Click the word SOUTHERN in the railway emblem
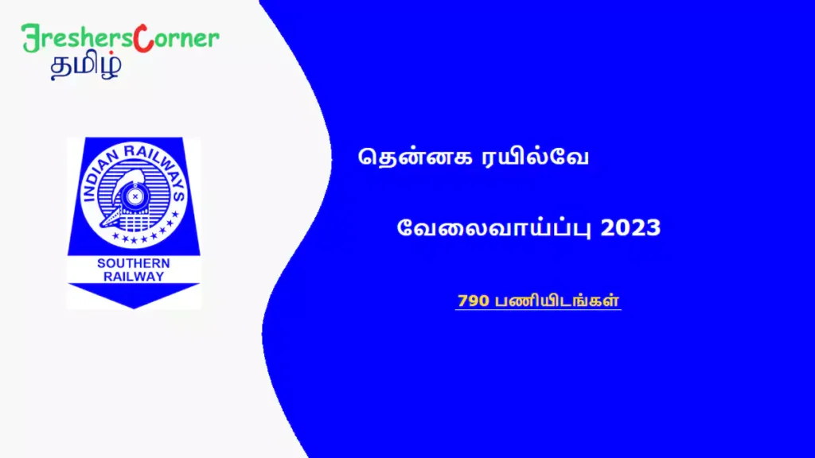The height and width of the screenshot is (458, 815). coord(133,263)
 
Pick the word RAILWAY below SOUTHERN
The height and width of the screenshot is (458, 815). coord(133,277)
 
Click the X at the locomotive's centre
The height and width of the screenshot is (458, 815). coord(136,193)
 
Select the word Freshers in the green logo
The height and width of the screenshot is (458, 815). coord(80,39)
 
